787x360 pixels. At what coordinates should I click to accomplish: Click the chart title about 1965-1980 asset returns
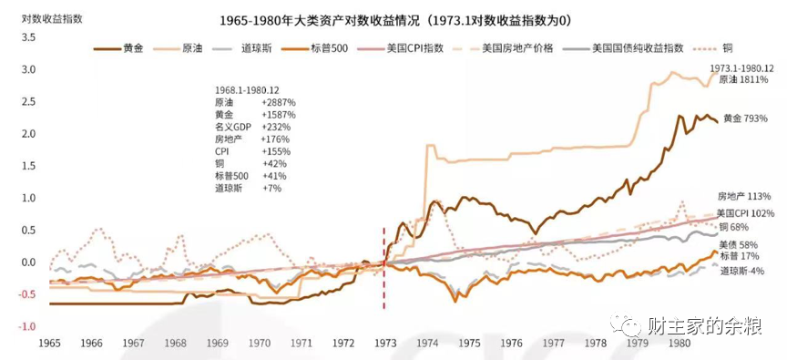coord(393,20)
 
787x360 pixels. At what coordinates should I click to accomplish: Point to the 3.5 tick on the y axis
coord(28,37)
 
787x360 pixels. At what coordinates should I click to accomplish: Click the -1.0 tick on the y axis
coord(26,326)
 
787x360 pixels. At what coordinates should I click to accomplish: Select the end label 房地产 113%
coord(744,196)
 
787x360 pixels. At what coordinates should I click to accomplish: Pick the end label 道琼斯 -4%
coord(742,271)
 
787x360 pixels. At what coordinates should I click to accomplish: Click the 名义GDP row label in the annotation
coord(229,129)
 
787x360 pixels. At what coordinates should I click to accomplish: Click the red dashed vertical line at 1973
coord(383,292)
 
